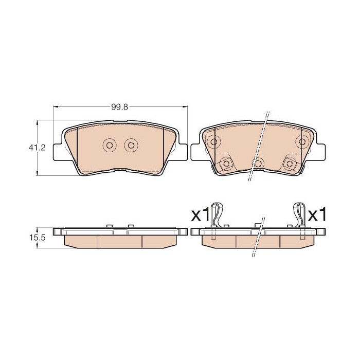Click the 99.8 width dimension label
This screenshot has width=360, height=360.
[x=119, y=107]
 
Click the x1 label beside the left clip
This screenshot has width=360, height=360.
[x=201, y=214]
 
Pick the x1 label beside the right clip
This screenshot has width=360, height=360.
[x=317, y=214]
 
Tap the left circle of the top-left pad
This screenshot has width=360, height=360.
[x=110, y=145]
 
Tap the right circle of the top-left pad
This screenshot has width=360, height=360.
[x=131, y=145]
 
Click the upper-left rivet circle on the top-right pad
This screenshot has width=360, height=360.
[x=214, y=141]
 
